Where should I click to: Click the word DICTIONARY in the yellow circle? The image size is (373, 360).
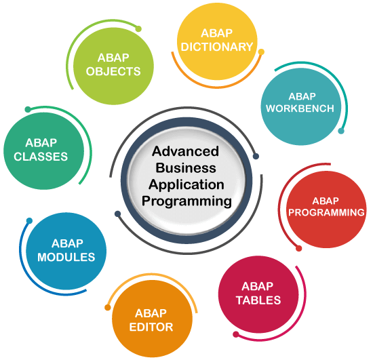click(217, 47)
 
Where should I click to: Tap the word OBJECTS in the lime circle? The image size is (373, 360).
click(113, 71)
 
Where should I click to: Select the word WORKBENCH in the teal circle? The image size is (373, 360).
click(300, 108)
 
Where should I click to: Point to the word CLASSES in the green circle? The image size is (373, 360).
click(41, 157)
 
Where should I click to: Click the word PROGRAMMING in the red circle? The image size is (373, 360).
click(326, 212)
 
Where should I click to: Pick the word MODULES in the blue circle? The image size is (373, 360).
click(66, 257)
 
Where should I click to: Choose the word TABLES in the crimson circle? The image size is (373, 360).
click(258, 300)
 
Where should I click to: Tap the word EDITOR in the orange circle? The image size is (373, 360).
click(151, 327)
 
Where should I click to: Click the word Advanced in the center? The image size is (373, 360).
click(186, 151)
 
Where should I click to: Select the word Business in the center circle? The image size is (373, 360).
click(186, 168)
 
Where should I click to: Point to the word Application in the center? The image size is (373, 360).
click(186, 185)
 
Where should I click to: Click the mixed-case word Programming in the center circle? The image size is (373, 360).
click(186, 201)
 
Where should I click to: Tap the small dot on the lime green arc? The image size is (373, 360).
click(138, 29)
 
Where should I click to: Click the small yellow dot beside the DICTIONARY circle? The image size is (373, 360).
click(261, 52)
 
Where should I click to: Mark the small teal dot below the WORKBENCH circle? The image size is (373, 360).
click(341, 131)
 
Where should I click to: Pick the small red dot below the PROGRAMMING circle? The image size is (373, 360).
click(299, 249)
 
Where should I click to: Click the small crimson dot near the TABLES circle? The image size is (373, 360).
click(236, 334)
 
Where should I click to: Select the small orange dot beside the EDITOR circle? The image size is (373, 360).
click(108, 307)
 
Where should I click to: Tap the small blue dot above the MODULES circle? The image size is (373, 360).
click(29, 220)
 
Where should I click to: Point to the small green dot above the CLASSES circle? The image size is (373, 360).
click(28, 109)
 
